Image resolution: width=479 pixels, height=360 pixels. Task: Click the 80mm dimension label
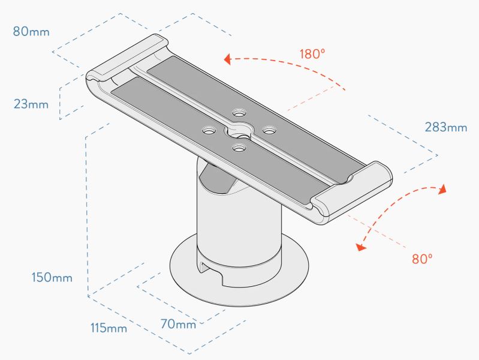click(31, 32)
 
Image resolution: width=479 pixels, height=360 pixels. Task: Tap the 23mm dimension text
click(31, 104)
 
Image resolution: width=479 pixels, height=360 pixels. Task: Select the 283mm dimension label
click(446, 127)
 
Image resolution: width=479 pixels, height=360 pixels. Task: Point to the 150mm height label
click(52, 277)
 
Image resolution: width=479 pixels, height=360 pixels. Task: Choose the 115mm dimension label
click(109, 328)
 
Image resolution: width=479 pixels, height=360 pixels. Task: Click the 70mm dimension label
click(178, 324)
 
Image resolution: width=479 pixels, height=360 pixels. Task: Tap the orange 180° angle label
click(312, 54)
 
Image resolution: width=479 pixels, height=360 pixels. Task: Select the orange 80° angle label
click(422, 259)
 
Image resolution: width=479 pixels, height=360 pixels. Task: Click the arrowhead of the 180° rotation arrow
click(227, 59)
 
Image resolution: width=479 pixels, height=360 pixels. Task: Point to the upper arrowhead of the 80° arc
click(442, 189)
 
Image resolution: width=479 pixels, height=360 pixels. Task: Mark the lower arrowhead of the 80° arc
click(361, 247)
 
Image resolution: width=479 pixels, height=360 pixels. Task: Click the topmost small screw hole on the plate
click(239, 113)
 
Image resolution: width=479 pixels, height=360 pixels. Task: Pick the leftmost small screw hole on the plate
click(209, 131)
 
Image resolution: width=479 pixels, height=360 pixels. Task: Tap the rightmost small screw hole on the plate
click(269, 131)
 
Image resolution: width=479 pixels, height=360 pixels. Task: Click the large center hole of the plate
click(239, 131)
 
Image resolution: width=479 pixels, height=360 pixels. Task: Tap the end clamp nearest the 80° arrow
click(351, 193)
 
